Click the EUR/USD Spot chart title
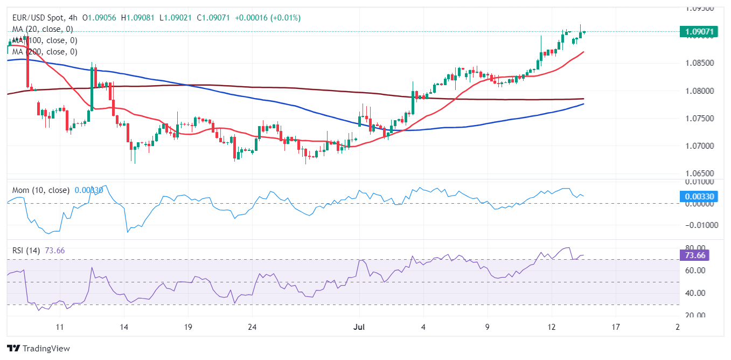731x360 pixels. pyautogui.click(x=38, y=18)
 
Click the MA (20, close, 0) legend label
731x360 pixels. pyautogui.click(x=43, y=29)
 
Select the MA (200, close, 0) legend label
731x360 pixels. pyautogui.click(x=45, y=52)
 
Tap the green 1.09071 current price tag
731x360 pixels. pyautogui.click(x=699, y=32)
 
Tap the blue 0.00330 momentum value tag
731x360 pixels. pyautogui.click(x=699, y=197)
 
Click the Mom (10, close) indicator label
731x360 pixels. pyautogui.click(x=40, y=190)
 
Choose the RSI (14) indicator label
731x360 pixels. pyautogui.click(x=27, y=250)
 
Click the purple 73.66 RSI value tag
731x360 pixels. pyautogui.click(x=699, y=255)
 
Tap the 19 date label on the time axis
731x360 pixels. pyautogui.click(x=188, y=327)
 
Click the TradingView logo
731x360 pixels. pyautogui.click(x=38, y=349)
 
